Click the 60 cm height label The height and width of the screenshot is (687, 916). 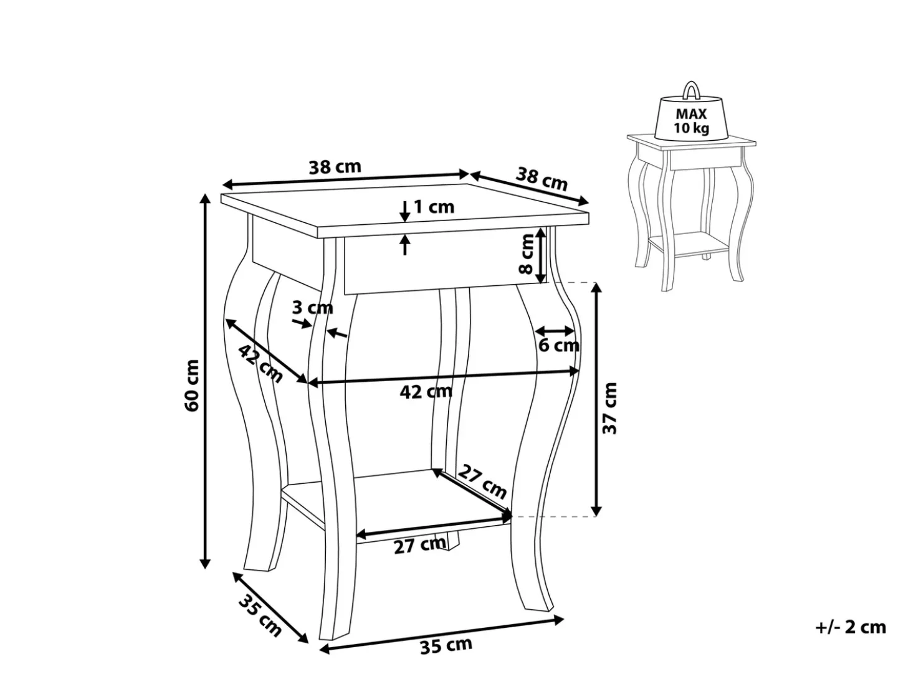(x=193, y=385)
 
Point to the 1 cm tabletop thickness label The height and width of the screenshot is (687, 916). (x=434, y=207)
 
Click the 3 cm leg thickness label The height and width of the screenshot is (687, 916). (x=313, y=308)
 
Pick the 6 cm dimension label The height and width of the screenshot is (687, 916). (x=559, y=345)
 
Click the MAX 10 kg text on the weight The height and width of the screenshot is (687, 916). (x=691, y=121)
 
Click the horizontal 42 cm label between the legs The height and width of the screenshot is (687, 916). (x=426, y=391)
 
